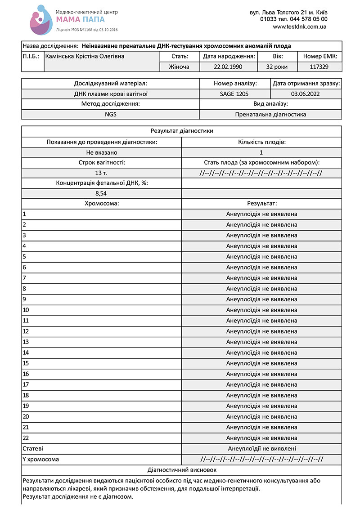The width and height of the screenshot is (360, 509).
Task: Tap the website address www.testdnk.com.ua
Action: point(300,27)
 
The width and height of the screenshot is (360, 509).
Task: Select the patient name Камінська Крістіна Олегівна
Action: point(85,56)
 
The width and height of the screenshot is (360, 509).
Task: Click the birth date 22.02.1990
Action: point(229,67)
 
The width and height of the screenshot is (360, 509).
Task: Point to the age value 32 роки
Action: point(278,67)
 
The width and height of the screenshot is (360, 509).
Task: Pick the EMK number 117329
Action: point(319,67)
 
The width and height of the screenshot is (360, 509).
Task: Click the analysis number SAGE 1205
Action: point(234,94)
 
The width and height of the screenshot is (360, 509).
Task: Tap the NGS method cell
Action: point(110,114)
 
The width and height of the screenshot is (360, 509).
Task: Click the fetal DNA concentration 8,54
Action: point(101,193)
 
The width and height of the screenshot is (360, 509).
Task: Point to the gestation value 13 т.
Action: point(101,173)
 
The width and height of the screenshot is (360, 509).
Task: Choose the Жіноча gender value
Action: point(180,67)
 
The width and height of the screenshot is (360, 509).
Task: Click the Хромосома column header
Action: point(101,203)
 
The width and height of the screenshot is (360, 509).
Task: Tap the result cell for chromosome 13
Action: point(261,342)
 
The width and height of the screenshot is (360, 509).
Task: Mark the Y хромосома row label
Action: point(41,459)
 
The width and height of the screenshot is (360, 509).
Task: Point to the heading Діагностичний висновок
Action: point(182,470)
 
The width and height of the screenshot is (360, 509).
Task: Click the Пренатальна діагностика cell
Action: point(270,114)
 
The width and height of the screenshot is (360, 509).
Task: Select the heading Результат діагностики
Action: point(182,131)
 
